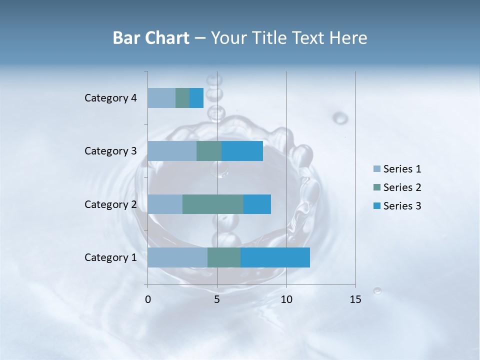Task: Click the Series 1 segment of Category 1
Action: coord(177,257)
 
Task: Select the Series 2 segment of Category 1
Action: coord(224,257)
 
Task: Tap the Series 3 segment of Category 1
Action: coord(275,257)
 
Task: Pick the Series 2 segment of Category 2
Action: coord(213,204)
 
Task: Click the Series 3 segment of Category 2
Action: coord(257,204)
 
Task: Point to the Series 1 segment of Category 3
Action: coord(172,151)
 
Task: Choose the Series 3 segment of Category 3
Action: coord(242,151)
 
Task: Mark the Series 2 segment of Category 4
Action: coord(182,98)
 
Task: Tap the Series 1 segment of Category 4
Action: coord(161,98)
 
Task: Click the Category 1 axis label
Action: coord(110,257)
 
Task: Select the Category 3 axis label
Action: coord(110,151)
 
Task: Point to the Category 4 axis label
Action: coord(110,98)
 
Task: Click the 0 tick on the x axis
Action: coord(148,299)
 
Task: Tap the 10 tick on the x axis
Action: coord(286,299)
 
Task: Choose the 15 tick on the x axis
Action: coord(355,299)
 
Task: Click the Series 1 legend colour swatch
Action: coord(377,169)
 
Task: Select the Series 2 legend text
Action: coord(402,187)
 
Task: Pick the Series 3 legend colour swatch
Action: coord(377,206)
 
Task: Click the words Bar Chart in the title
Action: coord(151,38)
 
